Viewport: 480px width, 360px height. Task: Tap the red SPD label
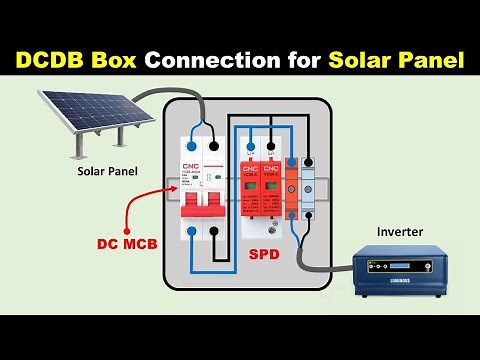(264, 256)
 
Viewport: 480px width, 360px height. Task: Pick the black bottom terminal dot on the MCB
(218, 231)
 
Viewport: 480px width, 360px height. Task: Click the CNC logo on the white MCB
(190, 166)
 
